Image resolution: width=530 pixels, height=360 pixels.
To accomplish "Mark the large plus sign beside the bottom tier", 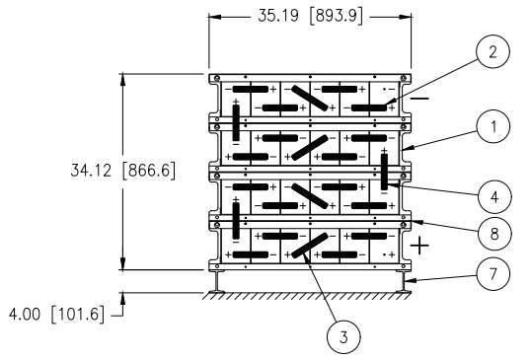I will click(x=421, y=245).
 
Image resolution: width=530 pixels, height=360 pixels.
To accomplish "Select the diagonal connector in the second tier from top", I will click(x=309, y=146).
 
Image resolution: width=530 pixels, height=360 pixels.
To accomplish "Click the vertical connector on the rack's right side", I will click(x=384, y=171).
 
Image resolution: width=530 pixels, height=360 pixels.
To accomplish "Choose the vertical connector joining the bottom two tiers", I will click(x=236, y=220).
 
